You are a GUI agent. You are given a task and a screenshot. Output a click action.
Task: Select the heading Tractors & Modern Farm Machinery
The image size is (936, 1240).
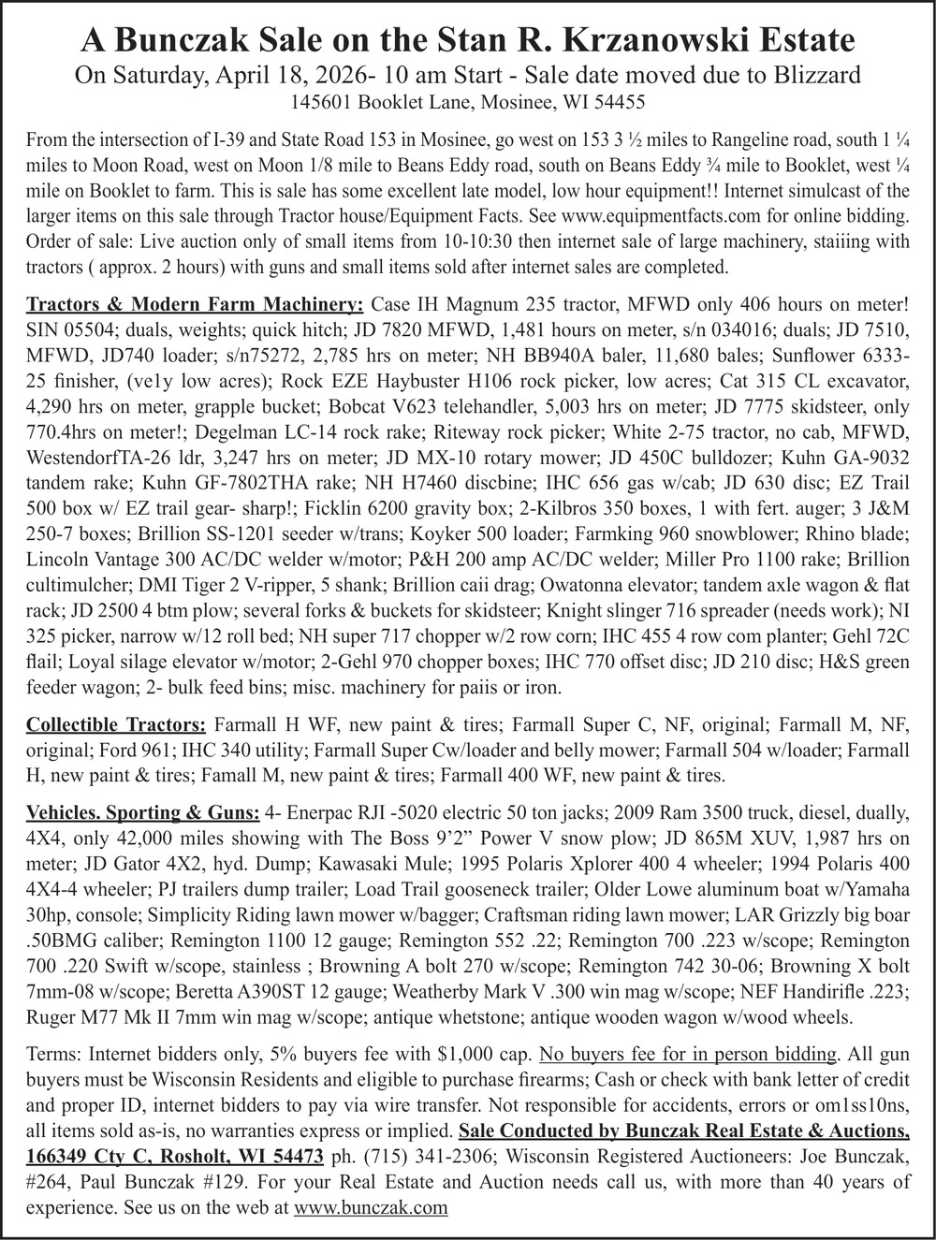(195, 306)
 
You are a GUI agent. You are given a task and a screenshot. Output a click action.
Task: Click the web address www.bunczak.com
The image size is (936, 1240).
(371, 1207)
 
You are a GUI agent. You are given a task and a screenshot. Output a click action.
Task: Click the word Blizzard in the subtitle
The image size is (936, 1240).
(806, 75)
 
